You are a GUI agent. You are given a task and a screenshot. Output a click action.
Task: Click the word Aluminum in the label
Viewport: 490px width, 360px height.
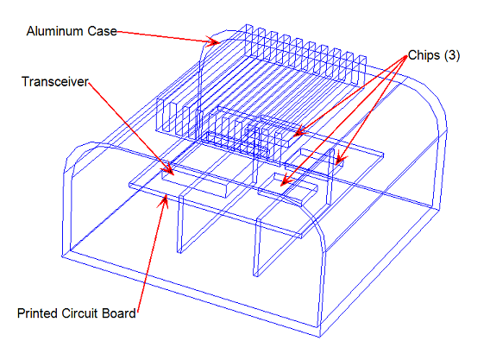point(55,31)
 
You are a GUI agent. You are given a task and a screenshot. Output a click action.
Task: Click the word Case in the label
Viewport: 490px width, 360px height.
point(102,31)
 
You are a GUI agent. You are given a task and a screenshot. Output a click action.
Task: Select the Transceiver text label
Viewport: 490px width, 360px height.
point(55,82)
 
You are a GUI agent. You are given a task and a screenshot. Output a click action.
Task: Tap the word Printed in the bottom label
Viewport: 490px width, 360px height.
point(38,313)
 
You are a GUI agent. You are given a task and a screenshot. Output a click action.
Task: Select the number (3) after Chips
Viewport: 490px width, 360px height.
point(451,55)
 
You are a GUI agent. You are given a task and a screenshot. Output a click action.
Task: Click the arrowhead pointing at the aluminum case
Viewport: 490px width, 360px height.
point(214,41)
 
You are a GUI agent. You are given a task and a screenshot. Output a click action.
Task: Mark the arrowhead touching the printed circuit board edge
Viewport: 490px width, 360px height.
point(164,201)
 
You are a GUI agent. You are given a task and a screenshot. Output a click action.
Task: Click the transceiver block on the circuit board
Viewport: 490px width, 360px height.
point(195,182)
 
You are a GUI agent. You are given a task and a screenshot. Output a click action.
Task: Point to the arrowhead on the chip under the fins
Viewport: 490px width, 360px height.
point(301,131)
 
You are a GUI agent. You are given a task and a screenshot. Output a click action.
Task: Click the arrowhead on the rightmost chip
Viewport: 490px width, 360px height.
point(340,159)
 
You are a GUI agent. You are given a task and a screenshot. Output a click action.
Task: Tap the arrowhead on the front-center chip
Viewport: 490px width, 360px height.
point(286,181)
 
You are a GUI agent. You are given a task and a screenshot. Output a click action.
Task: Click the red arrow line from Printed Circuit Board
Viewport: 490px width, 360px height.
point(151,255)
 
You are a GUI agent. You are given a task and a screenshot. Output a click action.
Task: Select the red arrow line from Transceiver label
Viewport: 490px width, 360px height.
point(130,128)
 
